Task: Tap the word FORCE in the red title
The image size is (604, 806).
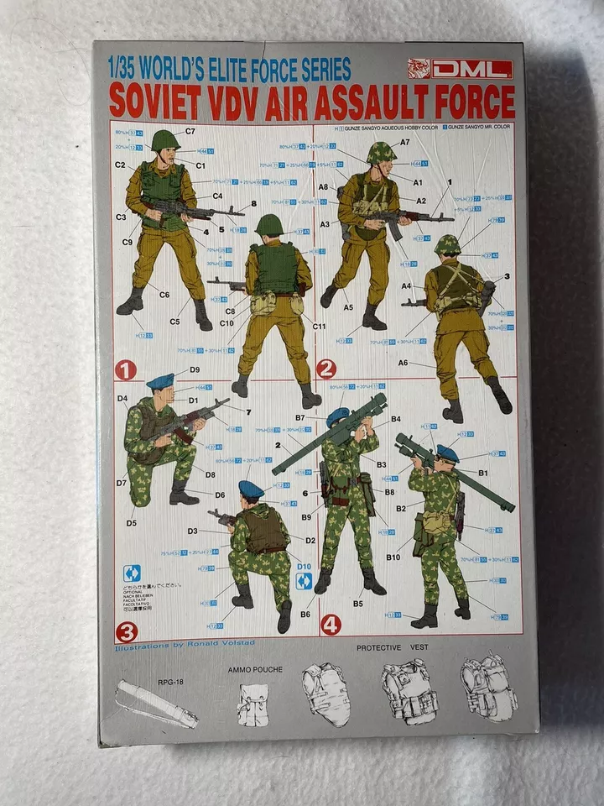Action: (x=473, y=102)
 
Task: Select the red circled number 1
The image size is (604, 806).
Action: (x=126, y=369)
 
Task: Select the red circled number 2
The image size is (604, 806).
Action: (x=326, y=369)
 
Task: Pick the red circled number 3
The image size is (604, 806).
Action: (x=127, y=632)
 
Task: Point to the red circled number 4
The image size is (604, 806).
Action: (x=331, y=625)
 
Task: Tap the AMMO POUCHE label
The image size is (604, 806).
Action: (x=255, y=670)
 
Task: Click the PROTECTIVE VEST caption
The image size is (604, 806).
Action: (x=392, y=648)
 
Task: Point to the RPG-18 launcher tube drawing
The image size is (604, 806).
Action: (x=156, y=704)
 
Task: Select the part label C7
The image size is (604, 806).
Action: (x=190, y=131)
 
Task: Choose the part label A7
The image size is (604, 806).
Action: (x=404, y=143)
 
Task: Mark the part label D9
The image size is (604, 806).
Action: (x=194, y=369)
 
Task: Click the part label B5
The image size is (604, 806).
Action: (x=358, y=603)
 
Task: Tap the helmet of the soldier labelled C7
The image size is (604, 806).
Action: (x=165, y=139)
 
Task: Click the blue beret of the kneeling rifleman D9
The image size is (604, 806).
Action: (x=160, y=382)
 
